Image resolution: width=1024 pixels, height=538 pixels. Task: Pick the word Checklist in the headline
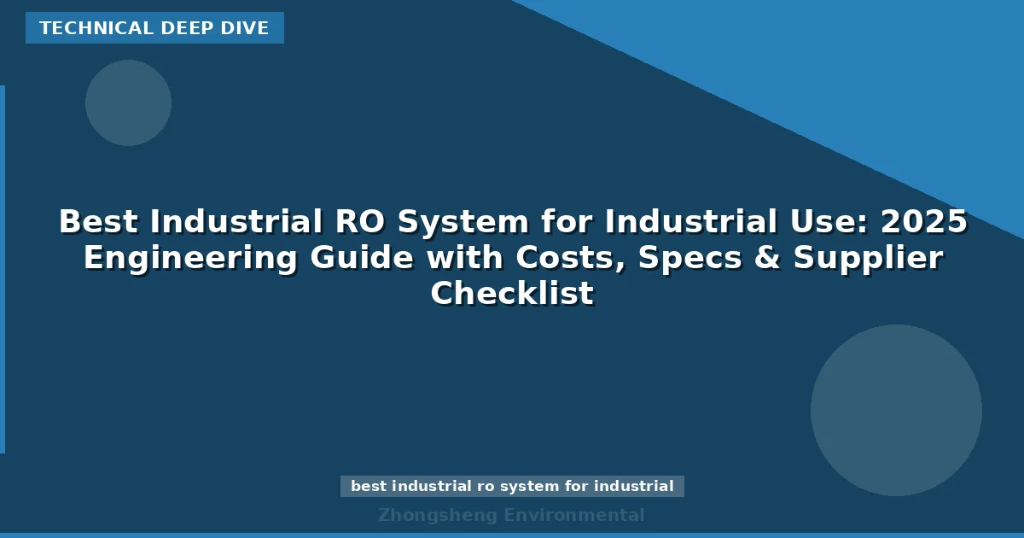click(512, 294)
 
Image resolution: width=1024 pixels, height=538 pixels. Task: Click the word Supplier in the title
click(868, 258)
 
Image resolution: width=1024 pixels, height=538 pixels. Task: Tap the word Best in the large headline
click(99, 222)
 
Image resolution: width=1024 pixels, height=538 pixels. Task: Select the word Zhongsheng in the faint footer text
click(437, 515)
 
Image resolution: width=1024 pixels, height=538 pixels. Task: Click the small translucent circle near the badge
click(128, 102)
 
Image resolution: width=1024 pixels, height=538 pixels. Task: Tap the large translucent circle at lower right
click(896, 410)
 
